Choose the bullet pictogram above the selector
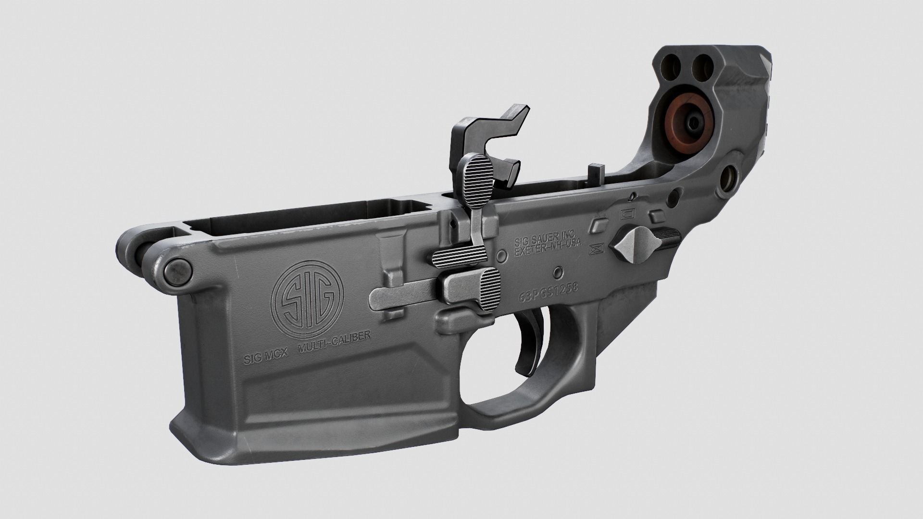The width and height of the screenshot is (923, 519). [628, 213]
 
